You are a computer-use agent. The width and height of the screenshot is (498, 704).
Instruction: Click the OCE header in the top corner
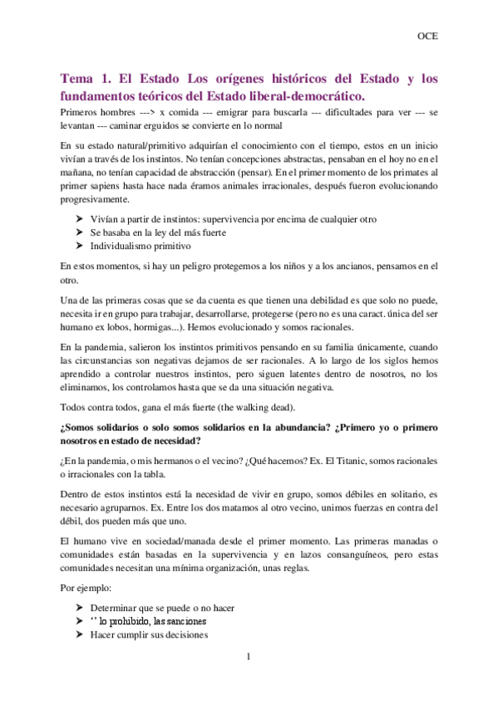(427, 37)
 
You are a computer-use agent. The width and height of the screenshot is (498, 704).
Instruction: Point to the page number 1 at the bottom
(248, 658)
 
